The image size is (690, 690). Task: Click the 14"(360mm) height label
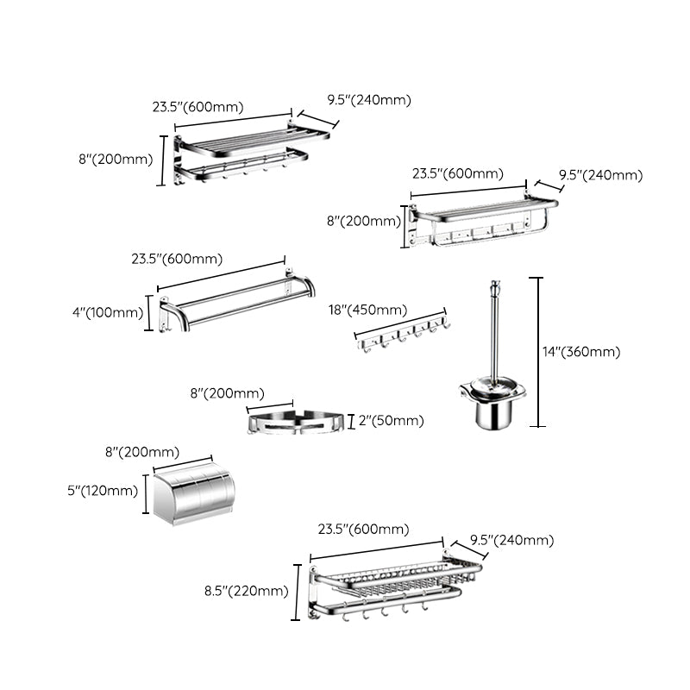(x=581, y=351)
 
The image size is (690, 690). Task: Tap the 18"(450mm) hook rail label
(x=367, y=310)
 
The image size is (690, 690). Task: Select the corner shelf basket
(x=296, y=423)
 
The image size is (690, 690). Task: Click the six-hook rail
(x=404, y=336)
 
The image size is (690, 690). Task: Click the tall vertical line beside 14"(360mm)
(x=540, y=351)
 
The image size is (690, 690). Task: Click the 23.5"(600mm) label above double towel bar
(x=177, y=259)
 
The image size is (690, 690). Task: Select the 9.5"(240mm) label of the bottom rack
(x=511, y=541)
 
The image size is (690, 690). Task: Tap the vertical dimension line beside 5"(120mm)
(x=145, y=492)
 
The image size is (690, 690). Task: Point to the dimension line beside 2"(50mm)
(x=351, y=421)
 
